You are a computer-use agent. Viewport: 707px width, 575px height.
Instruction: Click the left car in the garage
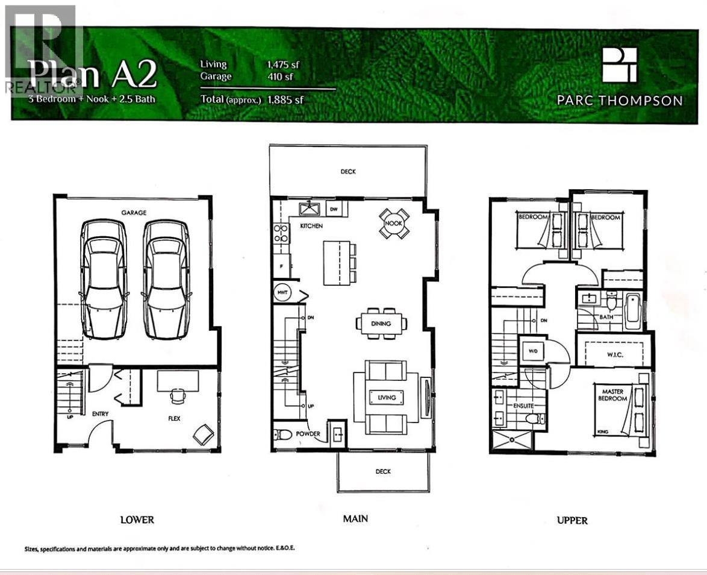point(104,279)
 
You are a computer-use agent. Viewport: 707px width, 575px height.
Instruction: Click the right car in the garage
point(166,279)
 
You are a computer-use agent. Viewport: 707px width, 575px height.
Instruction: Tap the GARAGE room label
point(134,213)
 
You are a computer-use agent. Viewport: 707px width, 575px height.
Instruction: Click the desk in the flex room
point(178,380)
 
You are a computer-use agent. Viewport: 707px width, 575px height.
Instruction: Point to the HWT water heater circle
point(281,293)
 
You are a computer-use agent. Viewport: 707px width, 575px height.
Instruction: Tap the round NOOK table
point(394,224)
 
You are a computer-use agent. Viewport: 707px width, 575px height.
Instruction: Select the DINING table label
point(381,324)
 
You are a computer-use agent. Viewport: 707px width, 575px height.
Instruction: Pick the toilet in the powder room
point(282,434)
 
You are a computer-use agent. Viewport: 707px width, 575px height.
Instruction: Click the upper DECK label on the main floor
point(348,172)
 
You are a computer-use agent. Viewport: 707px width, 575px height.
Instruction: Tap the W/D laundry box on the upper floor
point(534,351)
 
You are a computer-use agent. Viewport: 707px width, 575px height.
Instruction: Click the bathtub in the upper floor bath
point(633,310)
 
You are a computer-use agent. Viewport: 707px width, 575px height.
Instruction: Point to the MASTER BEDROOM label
point(613,395)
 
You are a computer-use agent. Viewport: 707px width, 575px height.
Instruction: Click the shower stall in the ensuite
point(512,439)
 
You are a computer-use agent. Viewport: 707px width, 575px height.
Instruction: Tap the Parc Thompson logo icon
point(619,65)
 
